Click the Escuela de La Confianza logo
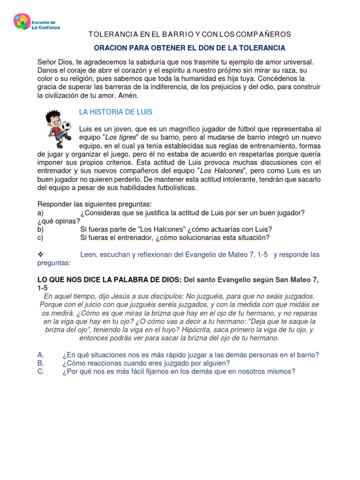coord(36,23)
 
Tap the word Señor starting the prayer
coord(47,62)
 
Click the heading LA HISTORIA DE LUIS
coord(115,112)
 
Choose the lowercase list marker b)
coord(40,229)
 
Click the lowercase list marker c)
coord(40,238)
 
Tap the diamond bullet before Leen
coord(40,255)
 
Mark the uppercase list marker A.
coord(40,355)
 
